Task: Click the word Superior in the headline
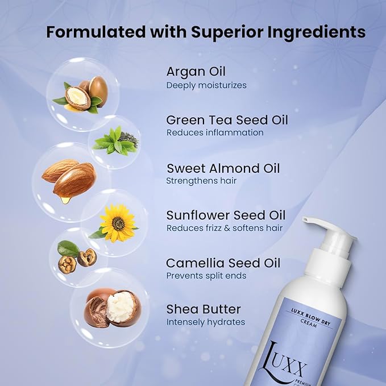click(x=227, y=32)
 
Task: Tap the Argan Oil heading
click(x=196, y=72)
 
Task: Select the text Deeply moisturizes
click(x=206, y=86)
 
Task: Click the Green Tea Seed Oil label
click(x=227, y=120)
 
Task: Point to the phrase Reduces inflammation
click(x=215, y=132)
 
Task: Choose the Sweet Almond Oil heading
click(x=223, y=168)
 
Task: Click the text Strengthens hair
click(x=201, y=181)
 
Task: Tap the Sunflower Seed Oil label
click(x=226, y=215)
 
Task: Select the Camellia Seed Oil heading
click(x=223, y=263)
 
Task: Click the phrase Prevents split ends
click(x=206, y=276)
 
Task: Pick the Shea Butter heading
click(x=204, y=309)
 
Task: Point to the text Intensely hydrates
click(x=206, y=322)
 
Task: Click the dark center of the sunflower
click(x=118, y=223)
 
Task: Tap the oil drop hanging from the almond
click(x=65, y=200)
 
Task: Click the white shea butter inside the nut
click(x=121, y=306)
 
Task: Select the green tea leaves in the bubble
click(x=115, y=142)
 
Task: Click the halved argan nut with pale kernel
click(x=77, y=98)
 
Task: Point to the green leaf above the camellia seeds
click(x=68, y=248)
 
